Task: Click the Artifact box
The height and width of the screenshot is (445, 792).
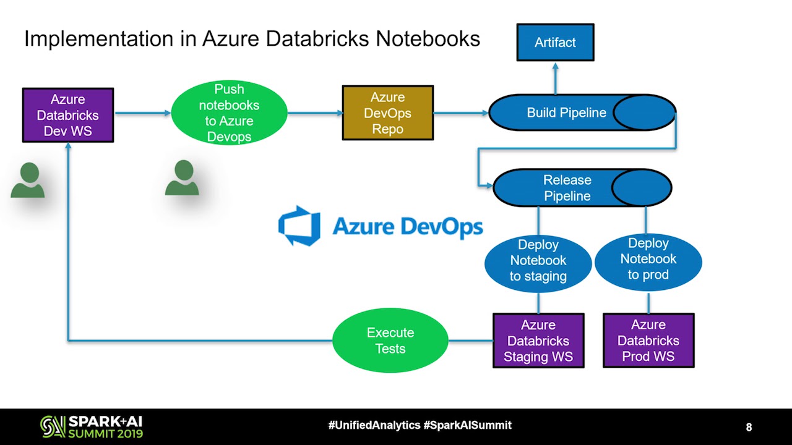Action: pos(555,43)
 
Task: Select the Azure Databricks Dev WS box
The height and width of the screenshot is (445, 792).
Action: pos(68,115)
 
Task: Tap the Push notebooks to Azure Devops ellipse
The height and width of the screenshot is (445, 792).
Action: pos(229,113)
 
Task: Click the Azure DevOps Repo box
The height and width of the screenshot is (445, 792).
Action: pos(388,113)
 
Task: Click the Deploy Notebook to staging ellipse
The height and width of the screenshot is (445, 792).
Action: pos(538,261)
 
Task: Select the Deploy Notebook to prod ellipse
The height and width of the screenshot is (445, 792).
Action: pos(648,260)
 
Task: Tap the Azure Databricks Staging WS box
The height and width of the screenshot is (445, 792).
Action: pos(538,341)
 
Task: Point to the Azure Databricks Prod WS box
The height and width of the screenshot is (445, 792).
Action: pos(648,341)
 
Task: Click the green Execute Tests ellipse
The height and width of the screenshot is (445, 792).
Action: pos(390,341)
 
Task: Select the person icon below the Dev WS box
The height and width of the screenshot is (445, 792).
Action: pos(28,180)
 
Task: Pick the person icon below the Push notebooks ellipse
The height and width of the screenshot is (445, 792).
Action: pos(182,178)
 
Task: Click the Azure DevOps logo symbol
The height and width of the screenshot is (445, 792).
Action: pos(299,226)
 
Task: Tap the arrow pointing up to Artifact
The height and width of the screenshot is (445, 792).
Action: pos(555,77)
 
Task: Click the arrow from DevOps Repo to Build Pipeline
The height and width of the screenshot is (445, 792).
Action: pos(461,113)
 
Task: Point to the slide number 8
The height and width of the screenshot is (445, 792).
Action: pos(749,427)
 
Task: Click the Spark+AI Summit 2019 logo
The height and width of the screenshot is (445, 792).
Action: pos(92,426)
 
